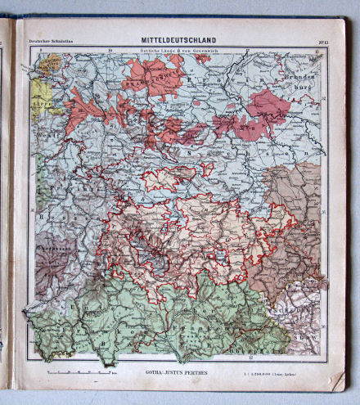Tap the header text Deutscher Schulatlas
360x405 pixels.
coord(52,40)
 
